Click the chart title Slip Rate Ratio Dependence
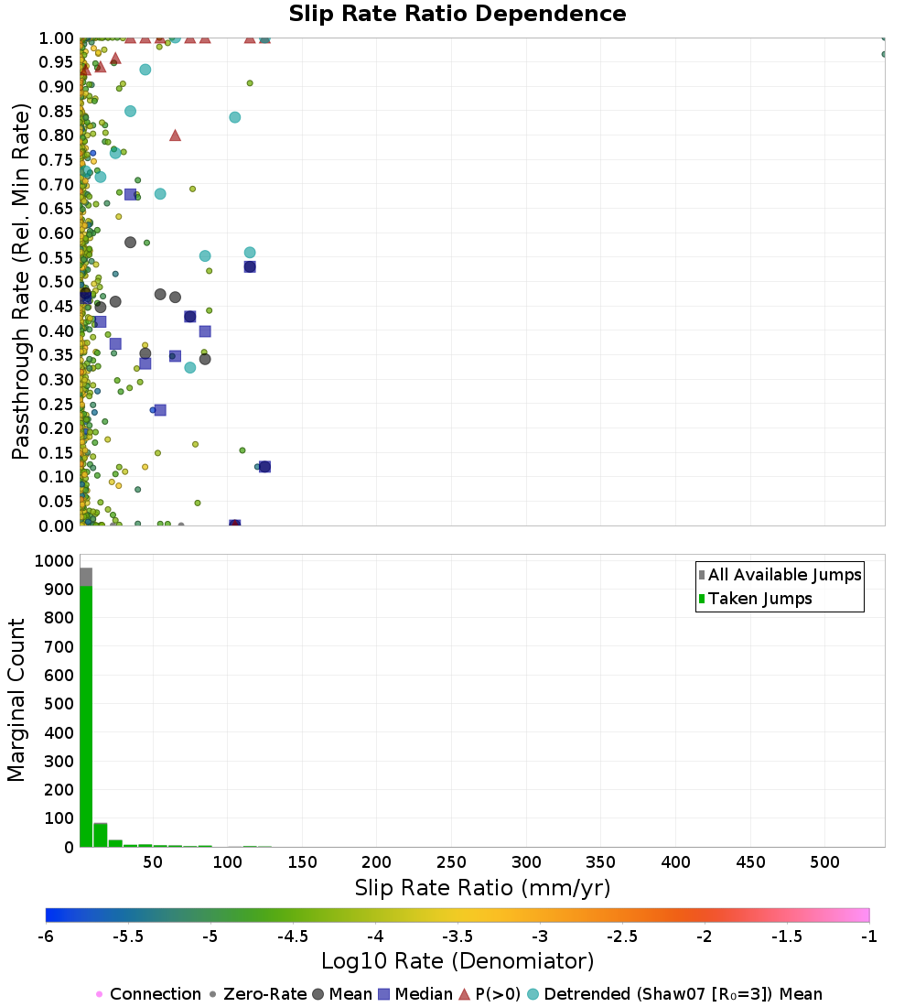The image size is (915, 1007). coord(457,14)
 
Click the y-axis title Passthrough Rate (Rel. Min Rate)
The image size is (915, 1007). coord(20,281)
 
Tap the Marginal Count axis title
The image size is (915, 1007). coord(16,700)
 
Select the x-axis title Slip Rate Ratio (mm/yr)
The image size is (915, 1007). coord(482,888)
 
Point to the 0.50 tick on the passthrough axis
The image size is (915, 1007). coord(57,282)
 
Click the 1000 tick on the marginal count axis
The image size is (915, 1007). coord(54,560)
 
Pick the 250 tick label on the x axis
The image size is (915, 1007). coord(451,861)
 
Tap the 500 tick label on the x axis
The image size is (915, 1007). coord(824,861)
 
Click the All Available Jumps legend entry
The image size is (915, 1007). coord(780,575)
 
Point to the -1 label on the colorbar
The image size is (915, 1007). coord(868,937)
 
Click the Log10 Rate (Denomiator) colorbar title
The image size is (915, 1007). coord(457,960)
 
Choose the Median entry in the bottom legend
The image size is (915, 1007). coord(415,993)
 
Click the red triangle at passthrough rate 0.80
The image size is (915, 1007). coord(176,135)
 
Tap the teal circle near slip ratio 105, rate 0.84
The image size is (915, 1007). coord(235,117)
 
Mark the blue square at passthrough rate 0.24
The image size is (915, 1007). coord(160,410)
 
